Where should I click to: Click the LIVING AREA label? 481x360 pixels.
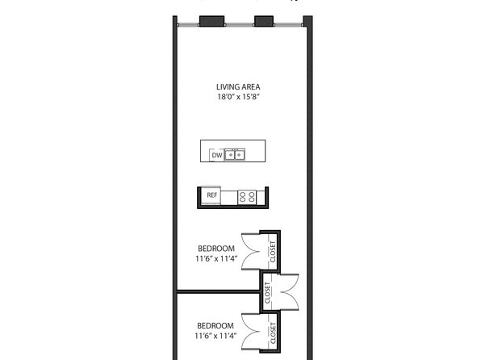pos(238,87)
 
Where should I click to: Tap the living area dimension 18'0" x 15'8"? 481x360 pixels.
pos(238,97)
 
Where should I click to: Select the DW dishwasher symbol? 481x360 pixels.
pos(216,155)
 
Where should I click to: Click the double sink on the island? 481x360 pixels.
pos(235,155)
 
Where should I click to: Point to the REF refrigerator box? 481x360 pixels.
pos(211,195)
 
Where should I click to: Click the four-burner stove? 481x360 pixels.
pos(247,197)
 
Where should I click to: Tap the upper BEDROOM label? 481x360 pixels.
pos(216,249)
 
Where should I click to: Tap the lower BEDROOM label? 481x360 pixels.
pos(215,325)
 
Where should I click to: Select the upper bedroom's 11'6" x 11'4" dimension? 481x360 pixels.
pos(216,259)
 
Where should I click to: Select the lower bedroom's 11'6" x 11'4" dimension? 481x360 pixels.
pos(215,336)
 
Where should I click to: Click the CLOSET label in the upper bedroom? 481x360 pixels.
pos(273,251)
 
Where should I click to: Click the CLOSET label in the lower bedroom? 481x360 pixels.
pos(273,333)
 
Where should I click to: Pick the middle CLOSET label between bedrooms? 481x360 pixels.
pos(267,293)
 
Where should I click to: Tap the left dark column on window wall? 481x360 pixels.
pos(211,21)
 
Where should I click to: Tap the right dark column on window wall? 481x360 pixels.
pos(264,21)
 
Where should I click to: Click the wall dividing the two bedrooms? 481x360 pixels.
pos(219,291)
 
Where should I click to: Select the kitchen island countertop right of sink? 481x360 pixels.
pos(255,151)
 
